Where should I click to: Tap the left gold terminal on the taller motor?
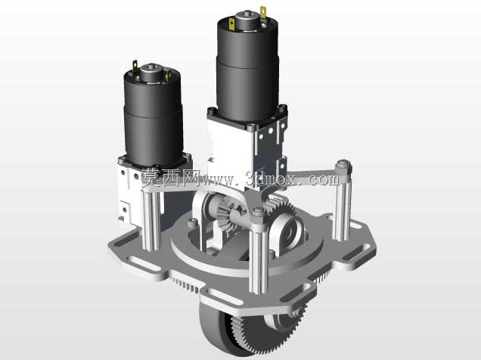click(231, 25)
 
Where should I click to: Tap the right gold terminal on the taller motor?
click(263, 14)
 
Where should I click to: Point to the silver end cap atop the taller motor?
click(247, 20)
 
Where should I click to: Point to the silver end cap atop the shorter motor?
click(151, 73)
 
